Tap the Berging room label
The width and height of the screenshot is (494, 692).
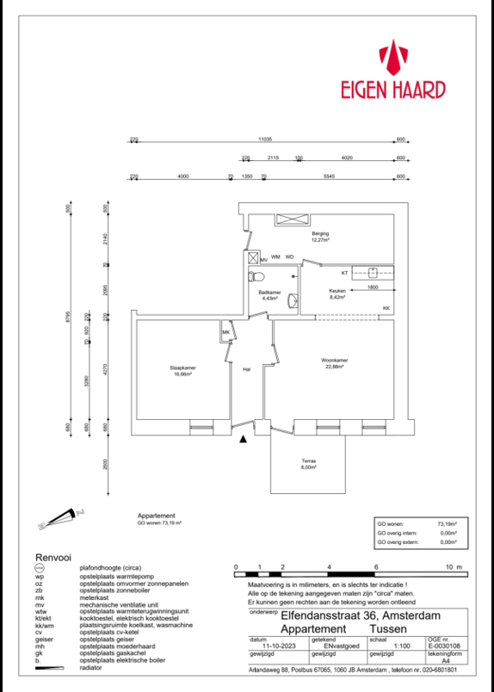tap(320, 234)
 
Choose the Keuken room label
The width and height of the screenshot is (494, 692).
tap(337, 291)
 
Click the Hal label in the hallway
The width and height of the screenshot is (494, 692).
tap(246, 368)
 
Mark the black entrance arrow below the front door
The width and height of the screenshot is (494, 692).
tap(244, 439)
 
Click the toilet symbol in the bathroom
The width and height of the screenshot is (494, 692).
tap(256, 277)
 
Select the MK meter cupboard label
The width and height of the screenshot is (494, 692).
tap(225, 332)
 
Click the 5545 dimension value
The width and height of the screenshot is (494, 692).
tap(329, 176)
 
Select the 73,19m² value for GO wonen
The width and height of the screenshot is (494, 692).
tap(447, 522)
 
